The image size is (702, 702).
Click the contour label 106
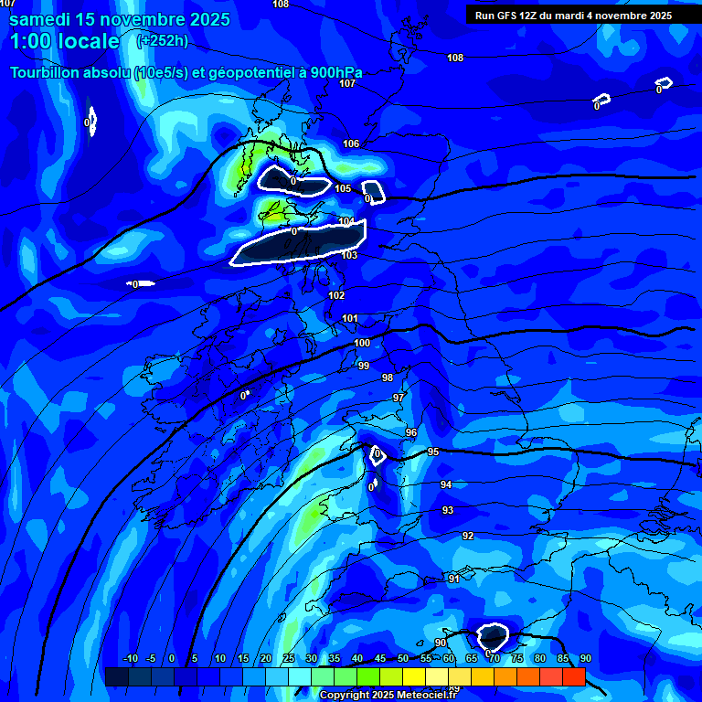(351, 144)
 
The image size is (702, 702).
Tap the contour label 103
(349, 255)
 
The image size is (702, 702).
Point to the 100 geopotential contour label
(362, 343)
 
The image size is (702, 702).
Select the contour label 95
(433, 452)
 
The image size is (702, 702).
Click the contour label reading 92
(468, 536)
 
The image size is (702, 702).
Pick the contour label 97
(399, 398)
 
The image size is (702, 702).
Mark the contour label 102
(336, 295)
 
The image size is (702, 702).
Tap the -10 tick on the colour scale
(130, 658)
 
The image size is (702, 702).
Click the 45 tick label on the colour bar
(380, 658)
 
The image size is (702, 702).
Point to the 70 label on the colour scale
(495, 658)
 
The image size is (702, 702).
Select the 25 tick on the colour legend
(289, 658)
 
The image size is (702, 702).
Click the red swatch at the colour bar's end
(573, 676)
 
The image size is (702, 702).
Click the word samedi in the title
(42, 18)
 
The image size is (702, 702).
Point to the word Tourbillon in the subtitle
(42, 72)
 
